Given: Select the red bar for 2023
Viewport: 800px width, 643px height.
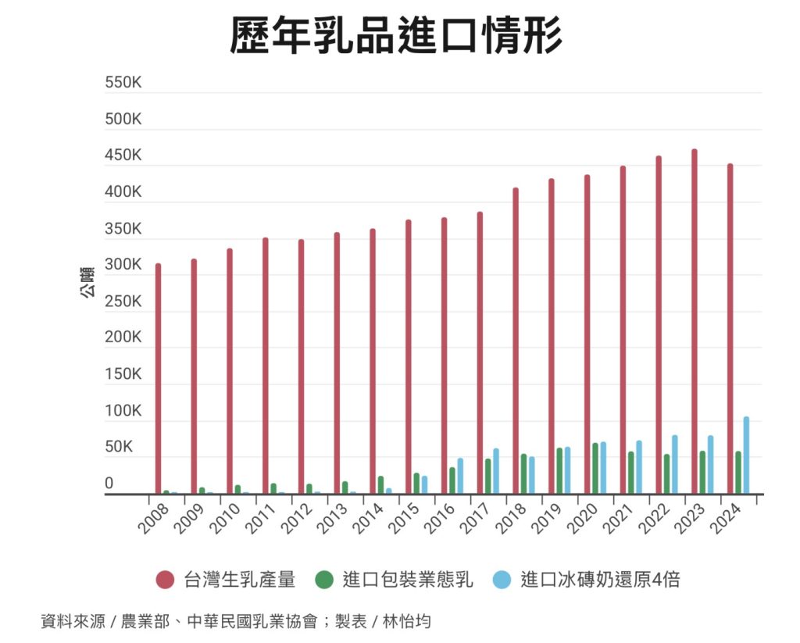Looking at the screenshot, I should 694,320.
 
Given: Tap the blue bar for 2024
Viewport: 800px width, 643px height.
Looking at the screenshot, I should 746,455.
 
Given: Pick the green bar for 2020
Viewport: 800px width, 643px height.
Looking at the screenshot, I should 595,469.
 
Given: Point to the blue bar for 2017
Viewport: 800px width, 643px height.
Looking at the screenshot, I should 496,471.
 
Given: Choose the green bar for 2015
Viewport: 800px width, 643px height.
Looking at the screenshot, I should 416,484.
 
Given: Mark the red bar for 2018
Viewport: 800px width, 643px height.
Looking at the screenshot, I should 516,341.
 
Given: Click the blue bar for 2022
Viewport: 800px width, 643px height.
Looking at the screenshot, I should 674,464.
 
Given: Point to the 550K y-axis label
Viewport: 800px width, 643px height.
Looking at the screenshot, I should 123,84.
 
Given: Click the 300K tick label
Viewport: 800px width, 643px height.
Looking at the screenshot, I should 123,265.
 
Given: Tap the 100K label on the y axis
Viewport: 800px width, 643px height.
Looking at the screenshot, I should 123,411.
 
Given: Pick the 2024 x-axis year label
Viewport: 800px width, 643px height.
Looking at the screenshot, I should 727,517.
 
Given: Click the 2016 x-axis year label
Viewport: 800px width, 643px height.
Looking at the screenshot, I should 440,517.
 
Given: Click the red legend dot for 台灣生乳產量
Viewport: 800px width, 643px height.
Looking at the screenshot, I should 165,580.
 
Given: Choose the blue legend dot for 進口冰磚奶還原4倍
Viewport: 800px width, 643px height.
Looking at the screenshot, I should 502,580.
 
